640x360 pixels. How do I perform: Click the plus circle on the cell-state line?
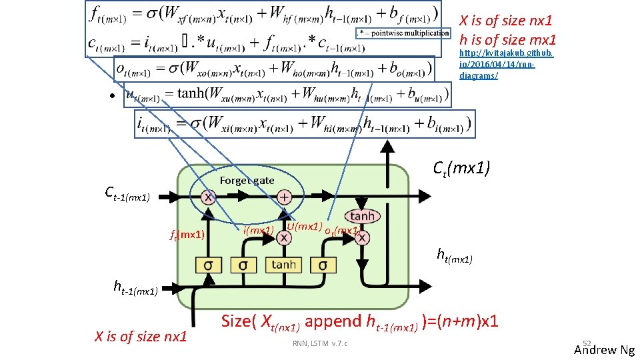284,197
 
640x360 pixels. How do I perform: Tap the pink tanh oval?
362,216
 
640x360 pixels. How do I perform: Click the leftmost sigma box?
209,265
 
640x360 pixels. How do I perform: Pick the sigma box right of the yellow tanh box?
323,265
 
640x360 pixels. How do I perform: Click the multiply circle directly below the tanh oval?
362,237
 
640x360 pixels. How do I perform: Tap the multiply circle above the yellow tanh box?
284,237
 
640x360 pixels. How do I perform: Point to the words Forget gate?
247,181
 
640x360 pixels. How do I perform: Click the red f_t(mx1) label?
186,235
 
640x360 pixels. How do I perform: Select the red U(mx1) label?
304,227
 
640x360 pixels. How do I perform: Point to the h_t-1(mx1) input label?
135,288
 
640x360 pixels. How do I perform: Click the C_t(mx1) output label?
461,169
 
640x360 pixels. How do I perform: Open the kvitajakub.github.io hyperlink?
496,64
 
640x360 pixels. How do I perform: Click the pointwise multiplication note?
403,33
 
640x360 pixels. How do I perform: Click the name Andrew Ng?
604,350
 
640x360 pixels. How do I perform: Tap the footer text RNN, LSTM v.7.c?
321,343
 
